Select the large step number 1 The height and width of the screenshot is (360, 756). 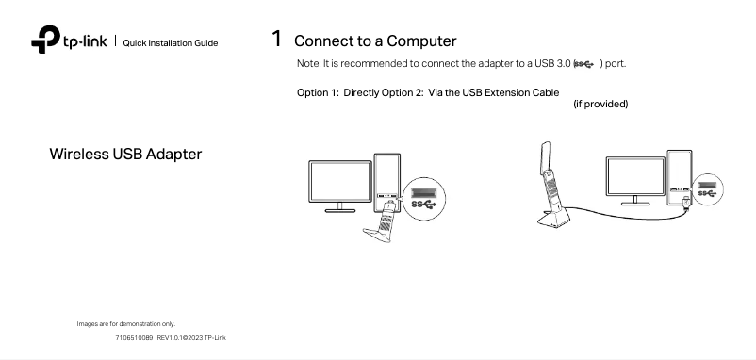click(276, 39)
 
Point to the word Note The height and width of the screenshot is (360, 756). click(308, 63)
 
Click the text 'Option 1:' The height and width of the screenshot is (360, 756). click(319, 93)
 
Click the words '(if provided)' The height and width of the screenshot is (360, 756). click(600, 104)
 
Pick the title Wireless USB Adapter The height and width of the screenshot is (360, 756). click(125, 154)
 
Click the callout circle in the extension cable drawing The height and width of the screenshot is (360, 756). click(710, 189)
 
